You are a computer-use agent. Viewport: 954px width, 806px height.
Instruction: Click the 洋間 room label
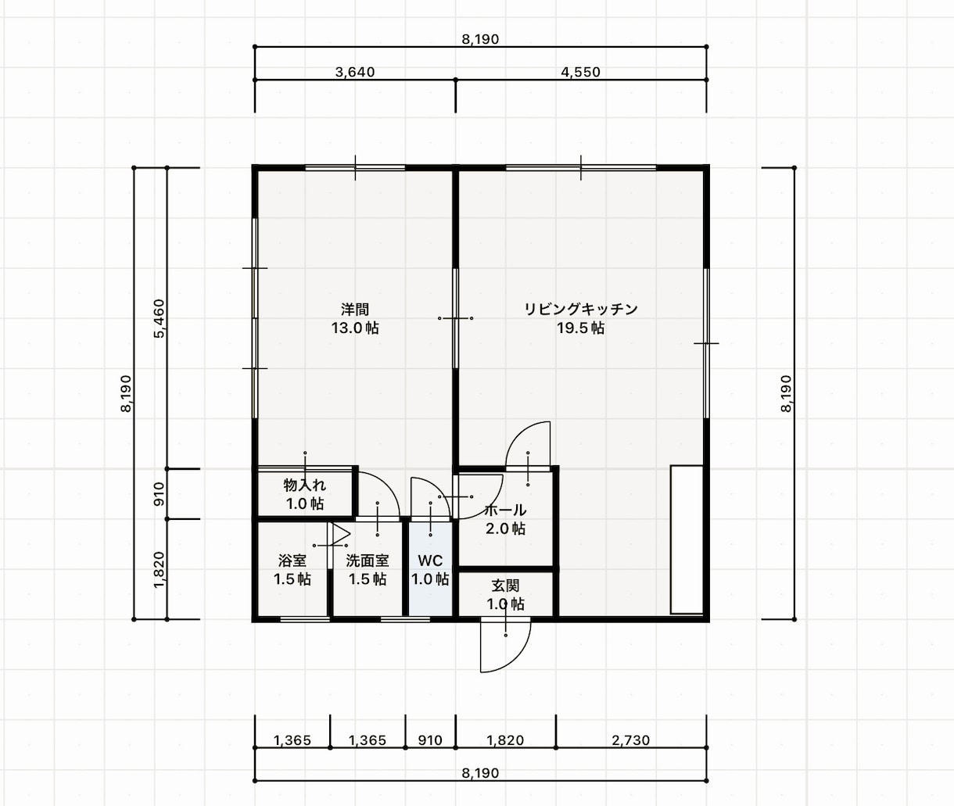click(x=354, y=310)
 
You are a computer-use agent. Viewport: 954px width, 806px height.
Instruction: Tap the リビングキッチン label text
click(x=580, y=310)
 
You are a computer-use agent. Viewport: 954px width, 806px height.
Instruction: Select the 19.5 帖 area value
click(x=580, y=328)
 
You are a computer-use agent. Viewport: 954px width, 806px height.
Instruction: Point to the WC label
click(x=430, y=561)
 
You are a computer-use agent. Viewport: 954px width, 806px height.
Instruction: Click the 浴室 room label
click(x=292, y=561)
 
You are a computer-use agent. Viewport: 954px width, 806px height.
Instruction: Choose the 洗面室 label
click(x=368, y=561)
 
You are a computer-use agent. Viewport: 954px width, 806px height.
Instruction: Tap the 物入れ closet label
click(x=305, y=485)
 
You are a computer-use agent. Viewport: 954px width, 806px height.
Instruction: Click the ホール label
click(x=505, y=510)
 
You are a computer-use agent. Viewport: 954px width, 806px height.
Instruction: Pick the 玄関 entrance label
click(x=505, y=586)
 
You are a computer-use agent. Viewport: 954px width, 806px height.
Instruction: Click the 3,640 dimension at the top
click(x=355, y=72)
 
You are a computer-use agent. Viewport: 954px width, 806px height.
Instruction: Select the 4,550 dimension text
click(x=580, y=72)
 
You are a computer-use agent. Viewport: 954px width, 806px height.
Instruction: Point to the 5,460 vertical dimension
click(x=159, y=318)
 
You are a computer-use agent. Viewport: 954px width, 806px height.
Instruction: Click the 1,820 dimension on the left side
click(x=159, y=570)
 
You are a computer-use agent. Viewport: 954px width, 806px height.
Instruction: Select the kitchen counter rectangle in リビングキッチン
click(x=687, y=539)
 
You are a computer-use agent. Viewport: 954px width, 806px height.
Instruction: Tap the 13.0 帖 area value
click(x=355, y=328)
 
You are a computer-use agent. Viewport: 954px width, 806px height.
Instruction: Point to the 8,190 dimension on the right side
click(x=785, y=394)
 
